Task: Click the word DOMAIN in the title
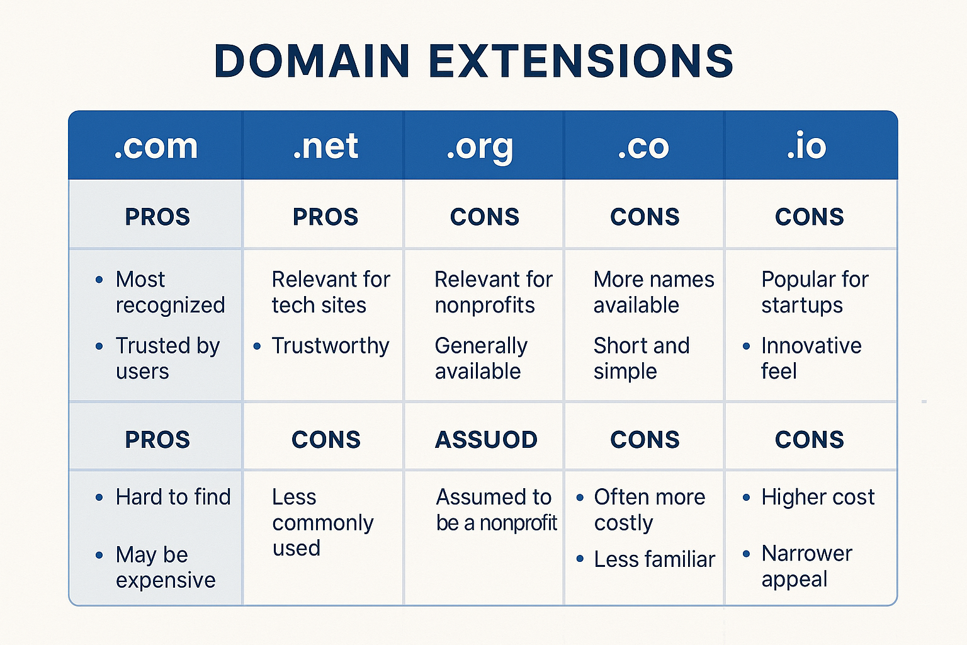pos(312,61)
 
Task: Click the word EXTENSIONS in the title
pos(581,61)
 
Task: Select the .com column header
pos(156,146)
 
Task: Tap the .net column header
pos(325,146)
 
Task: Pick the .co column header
pos(643,146)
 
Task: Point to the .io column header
pos(806,146)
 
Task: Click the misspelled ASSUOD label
pos(486,440)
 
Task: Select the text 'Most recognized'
pos(170,292)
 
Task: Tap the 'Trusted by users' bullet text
pos(167,358)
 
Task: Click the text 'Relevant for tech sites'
pos(331,292)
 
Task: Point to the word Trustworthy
pos(331,346)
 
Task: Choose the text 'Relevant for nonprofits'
pos(494,292)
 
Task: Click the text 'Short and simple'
pos(641,358)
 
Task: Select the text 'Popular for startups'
pos(814,292)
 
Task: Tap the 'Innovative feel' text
pos(811,358)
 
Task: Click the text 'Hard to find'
pos(173,497)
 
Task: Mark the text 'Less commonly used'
pos(322,523)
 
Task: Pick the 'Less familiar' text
pos(654,559)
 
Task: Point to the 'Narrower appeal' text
pos(806,566)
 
